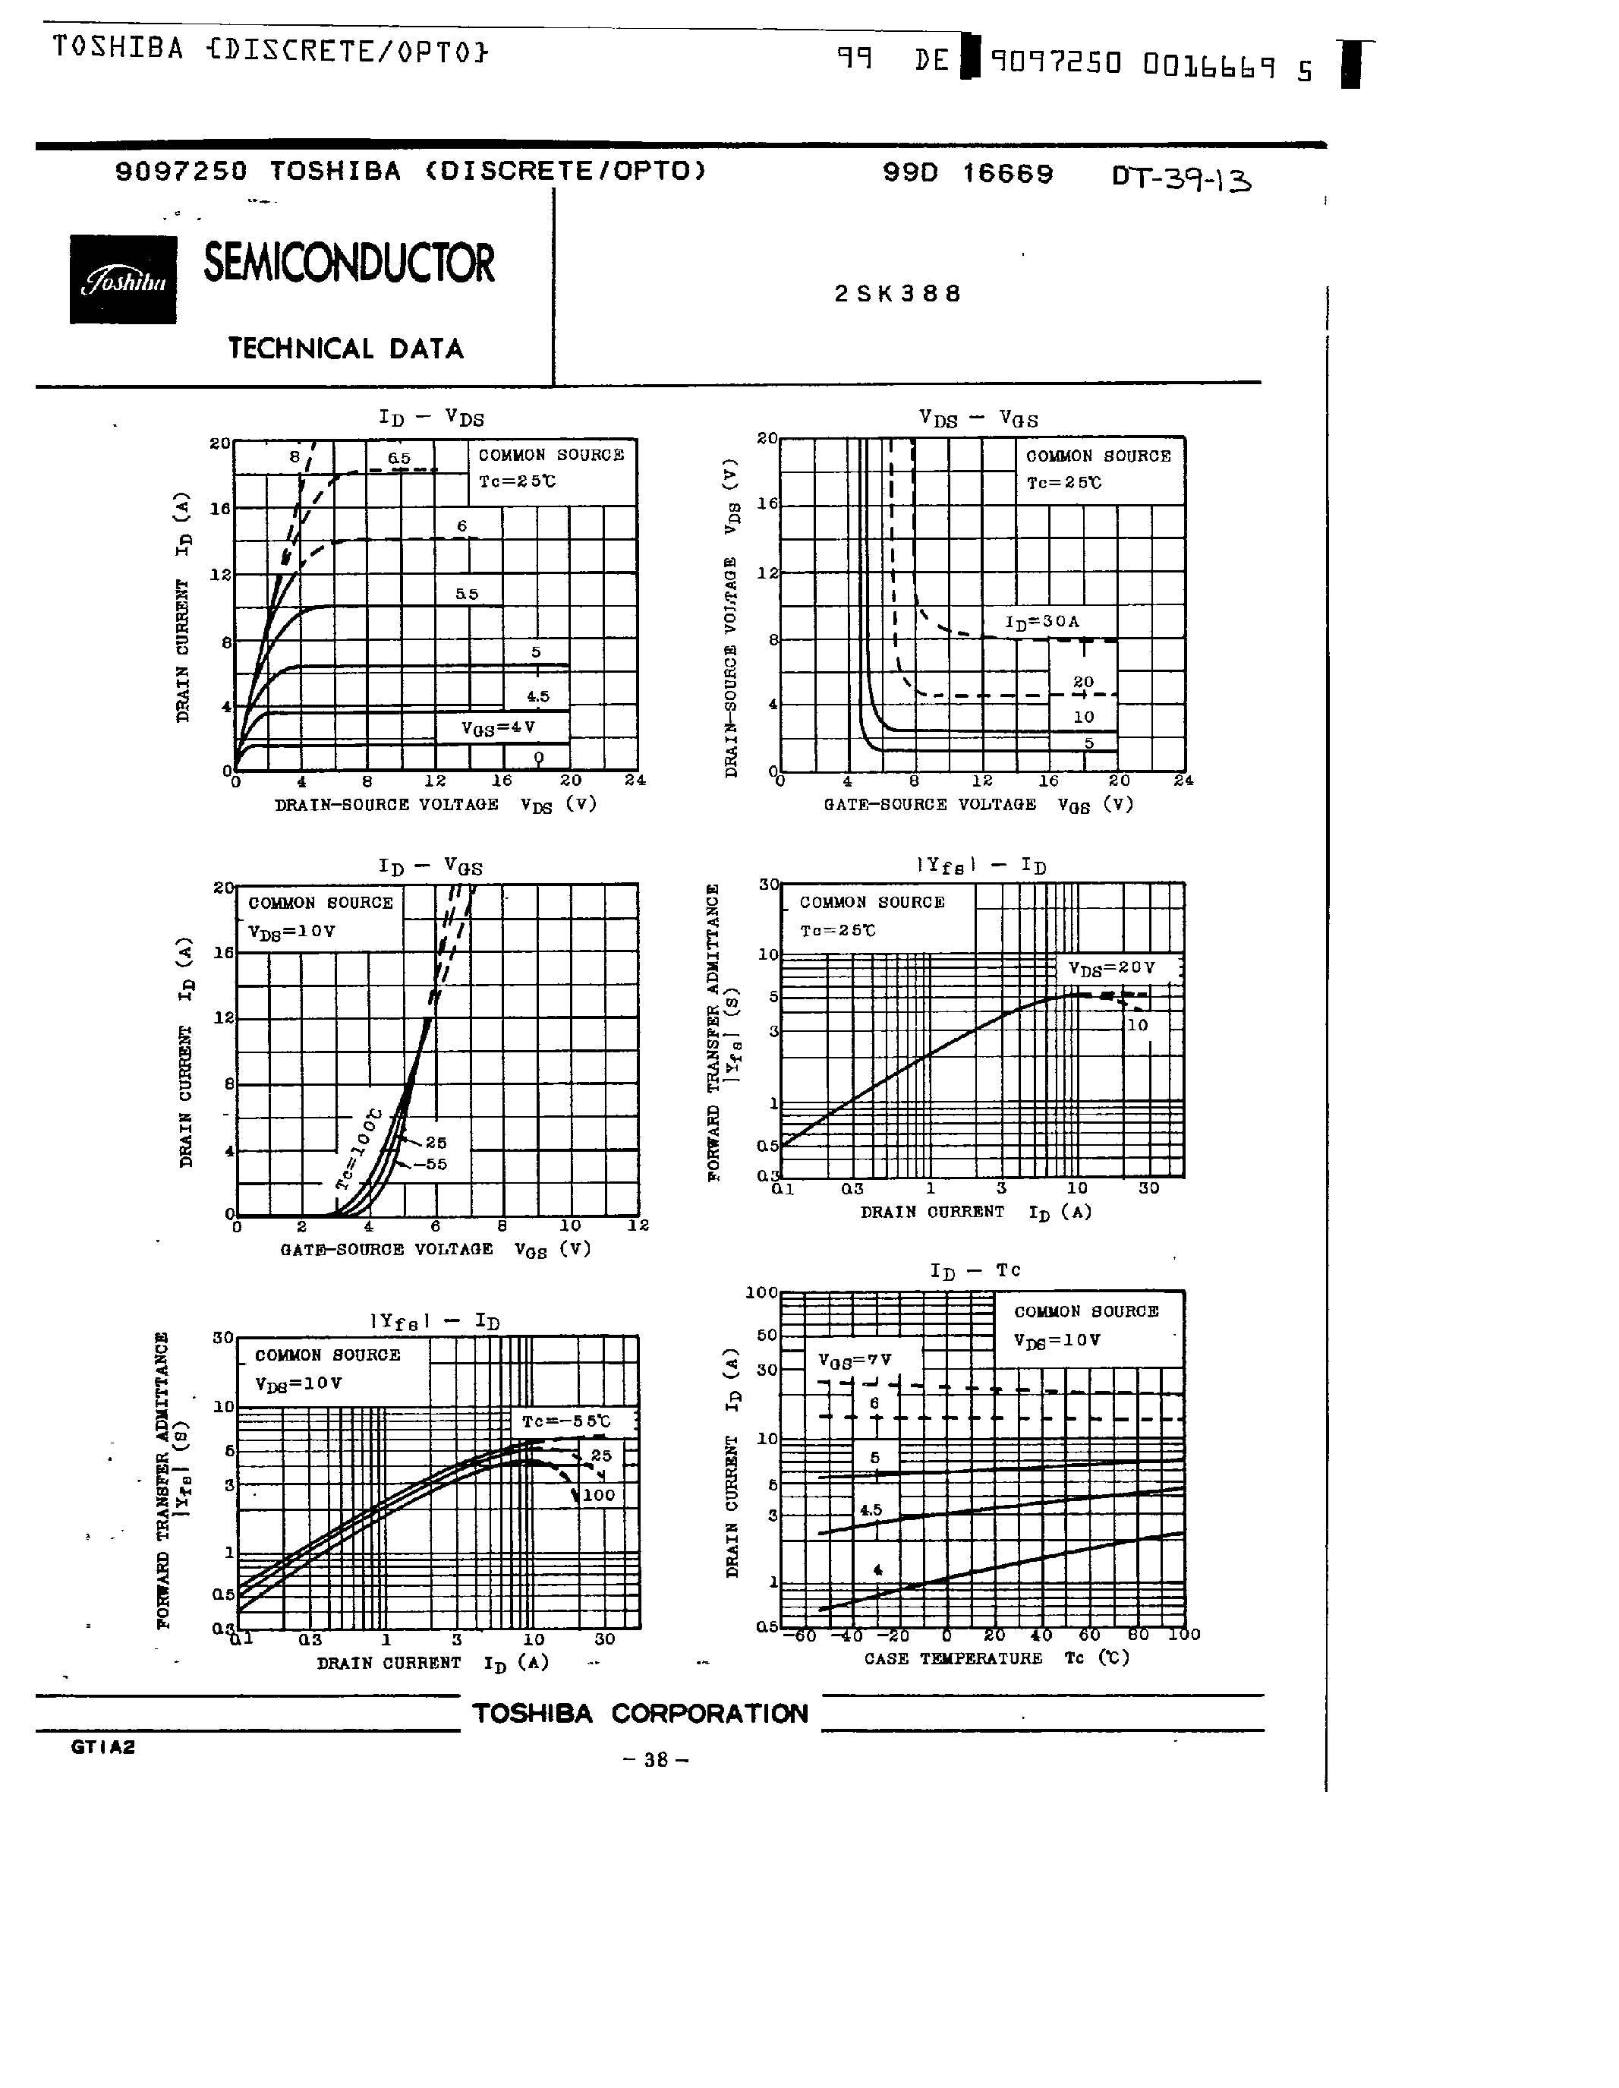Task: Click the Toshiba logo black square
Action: point(122,279)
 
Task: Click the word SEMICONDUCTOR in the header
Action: point(349,264)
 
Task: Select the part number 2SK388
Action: point(897,294)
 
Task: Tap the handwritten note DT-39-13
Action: point(1181,178)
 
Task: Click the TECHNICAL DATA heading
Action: point(346,348)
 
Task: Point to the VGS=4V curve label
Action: point(498,727)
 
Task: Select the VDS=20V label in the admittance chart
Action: point(1111,967)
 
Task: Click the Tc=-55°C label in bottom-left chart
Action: point(565,1421)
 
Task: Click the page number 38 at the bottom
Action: point(655,1759)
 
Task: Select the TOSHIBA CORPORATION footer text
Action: point(641,1713)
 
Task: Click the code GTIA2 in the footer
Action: point(103,1746)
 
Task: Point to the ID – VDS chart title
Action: point(431,418)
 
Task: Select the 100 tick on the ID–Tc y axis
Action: point(762,1292)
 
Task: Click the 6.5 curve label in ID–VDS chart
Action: point(398,459)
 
